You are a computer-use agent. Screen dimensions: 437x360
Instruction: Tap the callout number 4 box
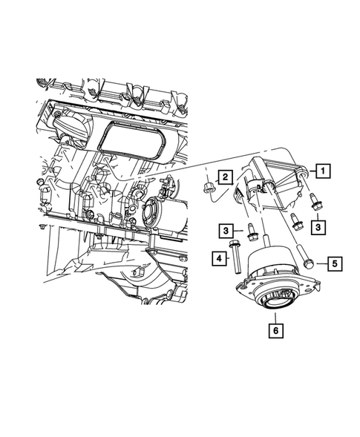click(x=220, y=257)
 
